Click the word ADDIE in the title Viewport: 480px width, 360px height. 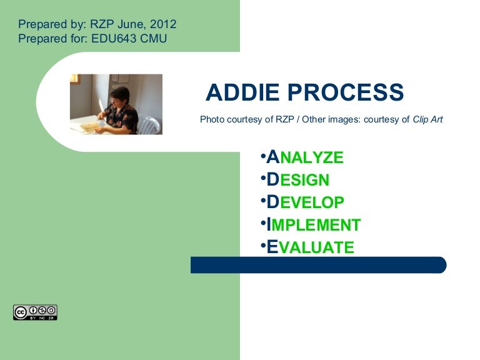click(243, 93)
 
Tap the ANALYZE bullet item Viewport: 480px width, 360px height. click(305, 157)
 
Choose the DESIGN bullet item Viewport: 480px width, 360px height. click(298, 180)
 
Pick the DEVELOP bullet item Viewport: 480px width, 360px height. click(305, 202)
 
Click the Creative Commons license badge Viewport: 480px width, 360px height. click(35, 312)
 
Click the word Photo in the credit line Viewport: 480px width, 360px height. click(211, 119)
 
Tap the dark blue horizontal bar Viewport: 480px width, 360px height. click(318, 265)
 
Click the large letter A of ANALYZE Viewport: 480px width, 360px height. click(272, 157)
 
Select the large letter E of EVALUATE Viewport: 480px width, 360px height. click(272, 247)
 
